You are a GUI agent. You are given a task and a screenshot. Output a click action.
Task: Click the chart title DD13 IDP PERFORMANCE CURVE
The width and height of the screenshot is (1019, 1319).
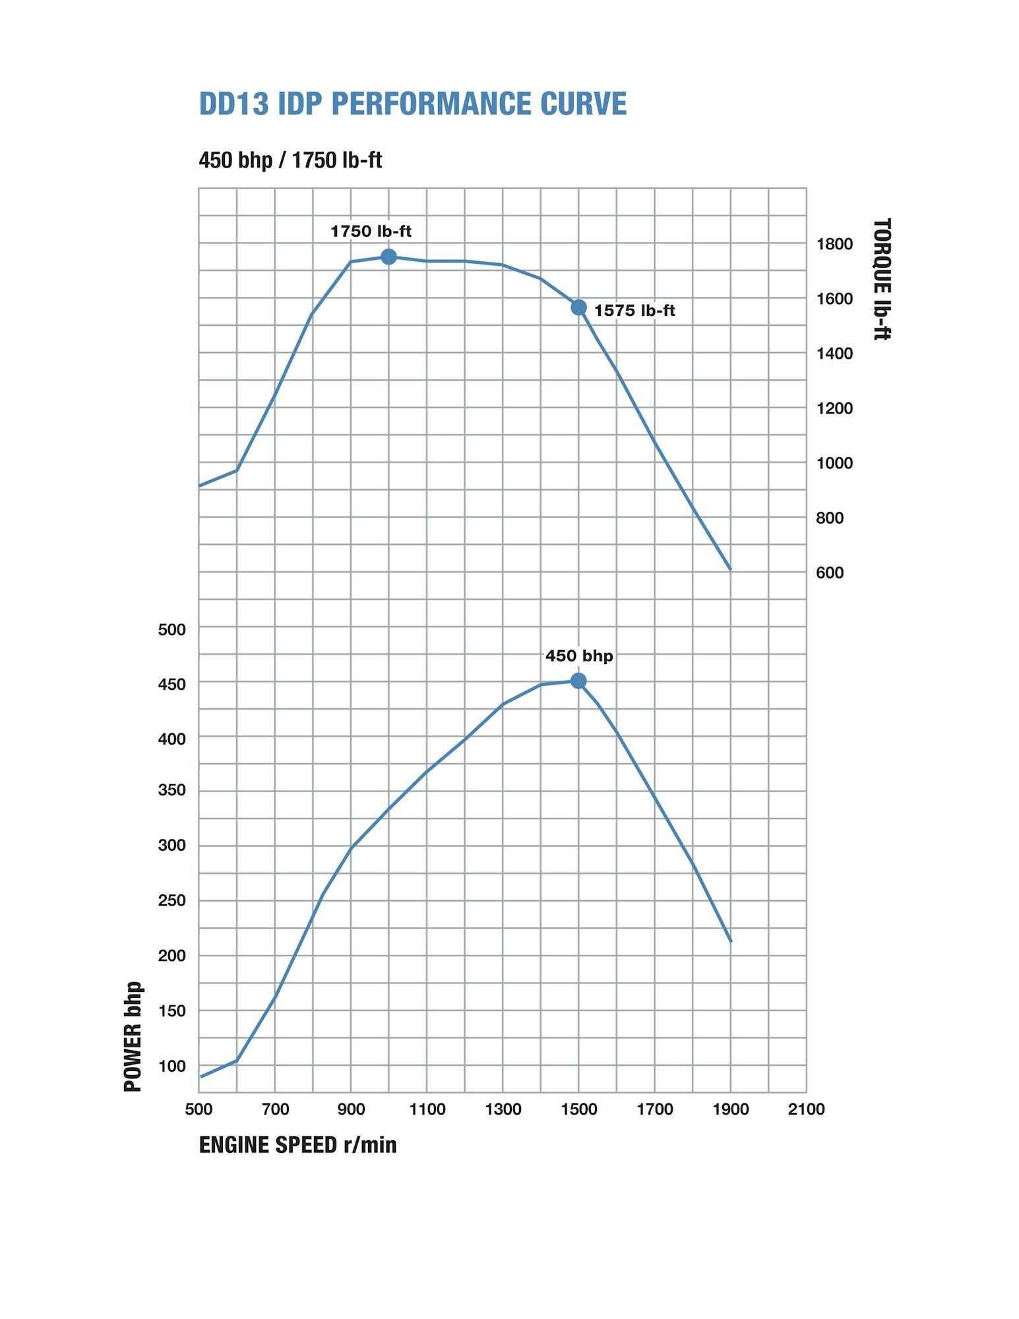(412, 104)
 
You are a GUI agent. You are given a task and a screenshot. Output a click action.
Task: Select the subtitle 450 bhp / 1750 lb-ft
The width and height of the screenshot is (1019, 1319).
(290, 160)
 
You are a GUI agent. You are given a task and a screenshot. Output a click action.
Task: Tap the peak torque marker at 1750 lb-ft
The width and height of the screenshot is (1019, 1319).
(388, 257)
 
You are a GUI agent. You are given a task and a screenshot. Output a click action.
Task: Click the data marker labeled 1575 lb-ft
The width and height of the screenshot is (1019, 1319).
(578, 307)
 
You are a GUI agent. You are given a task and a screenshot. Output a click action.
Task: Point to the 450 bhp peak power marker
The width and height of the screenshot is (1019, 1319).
(578, 681)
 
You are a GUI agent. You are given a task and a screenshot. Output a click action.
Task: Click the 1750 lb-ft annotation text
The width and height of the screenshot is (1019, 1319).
(371, 231)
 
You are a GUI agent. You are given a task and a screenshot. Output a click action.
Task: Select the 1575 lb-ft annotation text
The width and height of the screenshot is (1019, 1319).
(634, 311)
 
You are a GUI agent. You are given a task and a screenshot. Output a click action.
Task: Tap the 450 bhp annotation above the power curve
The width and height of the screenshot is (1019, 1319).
(579, 656)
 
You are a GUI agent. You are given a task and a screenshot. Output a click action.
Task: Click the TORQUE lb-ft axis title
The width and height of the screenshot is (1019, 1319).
(882, 279)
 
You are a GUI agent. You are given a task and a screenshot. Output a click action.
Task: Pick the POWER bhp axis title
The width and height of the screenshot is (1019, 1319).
(133, 1036)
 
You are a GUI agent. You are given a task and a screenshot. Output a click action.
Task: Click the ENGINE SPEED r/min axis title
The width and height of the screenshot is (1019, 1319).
(297, 1145)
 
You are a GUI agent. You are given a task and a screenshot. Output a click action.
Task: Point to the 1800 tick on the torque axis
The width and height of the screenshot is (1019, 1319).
(834, 245)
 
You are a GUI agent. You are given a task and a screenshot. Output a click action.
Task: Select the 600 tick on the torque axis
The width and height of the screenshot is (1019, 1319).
(830, 573)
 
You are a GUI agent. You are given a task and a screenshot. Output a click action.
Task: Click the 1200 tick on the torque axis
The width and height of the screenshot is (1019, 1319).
(834, 409)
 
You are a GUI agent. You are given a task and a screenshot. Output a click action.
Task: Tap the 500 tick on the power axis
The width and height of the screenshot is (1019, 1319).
(172, 630)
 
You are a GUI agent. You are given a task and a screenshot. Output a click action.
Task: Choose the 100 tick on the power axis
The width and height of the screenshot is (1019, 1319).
(172, 1066)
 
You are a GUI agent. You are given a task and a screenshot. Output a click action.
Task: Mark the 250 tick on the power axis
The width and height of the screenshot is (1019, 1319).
(172, 901)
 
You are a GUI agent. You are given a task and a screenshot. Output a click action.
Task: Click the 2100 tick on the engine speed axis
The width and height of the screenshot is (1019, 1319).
(806, 1110)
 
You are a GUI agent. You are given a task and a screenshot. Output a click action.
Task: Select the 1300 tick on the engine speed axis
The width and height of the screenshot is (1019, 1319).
(503, 1110)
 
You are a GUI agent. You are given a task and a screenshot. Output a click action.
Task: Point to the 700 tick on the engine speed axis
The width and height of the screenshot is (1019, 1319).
(276, 1110)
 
